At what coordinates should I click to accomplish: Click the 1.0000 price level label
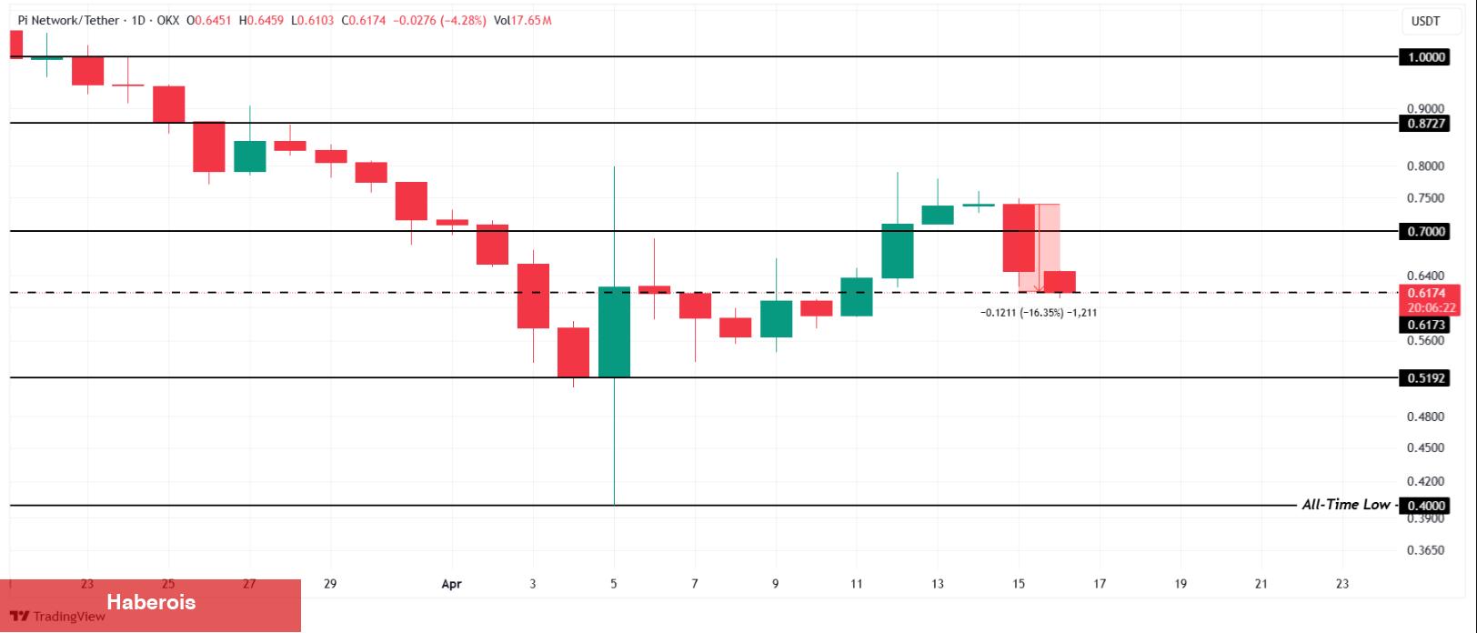tap(1426, 57)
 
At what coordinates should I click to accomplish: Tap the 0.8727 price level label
tap(1426, 123)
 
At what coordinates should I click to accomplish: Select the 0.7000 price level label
tap(1426, 232)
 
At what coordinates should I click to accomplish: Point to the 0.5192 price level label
tap(1426, 378)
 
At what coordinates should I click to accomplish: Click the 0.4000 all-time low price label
tap(1426, 506)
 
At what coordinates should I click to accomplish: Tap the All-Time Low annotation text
tap(1345, 505)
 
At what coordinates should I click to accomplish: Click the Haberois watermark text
tap(151, 602)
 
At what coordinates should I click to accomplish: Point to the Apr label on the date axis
tap(452, 584)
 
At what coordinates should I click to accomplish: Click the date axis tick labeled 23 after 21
tap(1342, 584)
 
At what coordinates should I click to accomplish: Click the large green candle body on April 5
tap(614, 332)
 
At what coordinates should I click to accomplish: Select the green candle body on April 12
tap(898, 251)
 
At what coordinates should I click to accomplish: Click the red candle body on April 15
tap(1019, 238)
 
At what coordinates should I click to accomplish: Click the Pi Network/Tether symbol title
tap(69, 20)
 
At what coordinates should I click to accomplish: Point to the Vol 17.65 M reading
tap(521, 20)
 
